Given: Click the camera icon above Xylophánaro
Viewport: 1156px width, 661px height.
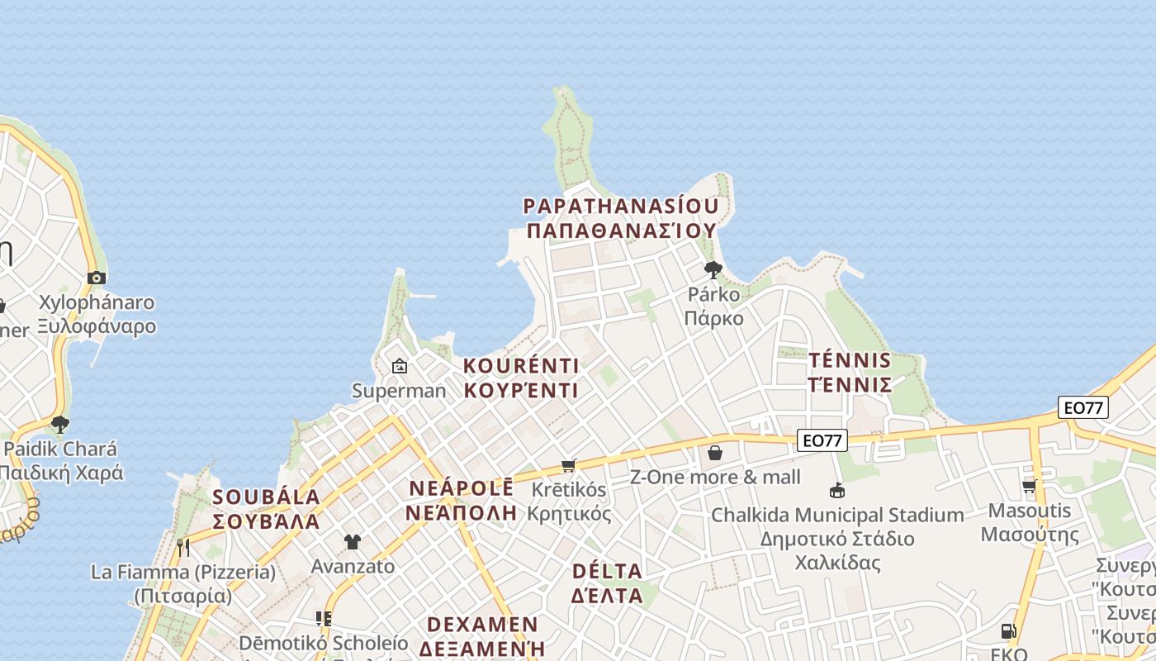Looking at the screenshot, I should tap(97, 278).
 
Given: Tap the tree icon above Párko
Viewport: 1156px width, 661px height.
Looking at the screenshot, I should tap(713, 269).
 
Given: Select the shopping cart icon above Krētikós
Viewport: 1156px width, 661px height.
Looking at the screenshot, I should tap(568, 465).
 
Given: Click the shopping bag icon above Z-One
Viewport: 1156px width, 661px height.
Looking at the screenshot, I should tap(715, 453).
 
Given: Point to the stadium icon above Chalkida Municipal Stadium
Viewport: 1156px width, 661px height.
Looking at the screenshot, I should tap(837, 490).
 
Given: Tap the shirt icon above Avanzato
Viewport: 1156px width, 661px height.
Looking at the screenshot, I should tap(353, 542).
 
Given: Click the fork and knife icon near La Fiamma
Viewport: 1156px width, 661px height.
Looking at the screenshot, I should tap(183, 547).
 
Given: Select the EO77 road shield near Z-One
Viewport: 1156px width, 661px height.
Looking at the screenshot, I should tap(823, 440).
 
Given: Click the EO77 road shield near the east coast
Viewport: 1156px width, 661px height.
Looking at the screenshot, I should tap(1083, 407).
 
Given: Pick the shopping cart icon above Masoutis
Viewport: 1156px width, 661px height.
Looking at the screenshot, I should tap(1029, 486).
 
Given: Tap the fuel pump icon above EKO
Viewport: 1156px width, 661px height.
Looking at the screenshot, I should tap(1008, 631).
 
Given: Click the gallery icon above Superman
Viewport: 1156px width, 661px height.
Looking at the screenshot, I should tap(400, 365).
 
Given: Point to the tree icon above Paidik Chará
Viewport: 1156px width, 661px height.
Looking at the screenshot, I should tap(59, 425).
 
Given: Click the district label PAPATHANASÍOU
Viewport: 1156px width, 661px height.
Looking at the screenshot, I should tap(621, 206).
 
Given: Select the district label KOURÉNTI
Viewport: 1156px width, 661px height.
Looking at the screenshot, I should tap(521, 365).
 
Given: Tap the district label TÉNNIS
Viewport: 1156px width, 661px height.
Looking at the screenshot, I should tap(850, 360).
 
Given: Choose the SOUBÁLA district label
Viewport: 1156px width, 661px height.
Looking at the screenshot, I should tap(267, 497).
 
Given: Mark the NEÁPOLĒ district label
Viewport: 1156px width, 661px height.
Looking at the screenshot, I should tap(462, 488).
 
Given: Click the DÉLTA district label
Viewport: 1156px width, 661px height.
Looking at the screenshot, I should tap(607, 571).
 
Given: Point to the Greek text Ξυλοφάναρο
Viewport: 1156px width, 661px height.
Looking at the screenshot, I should tap(97, 326).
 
